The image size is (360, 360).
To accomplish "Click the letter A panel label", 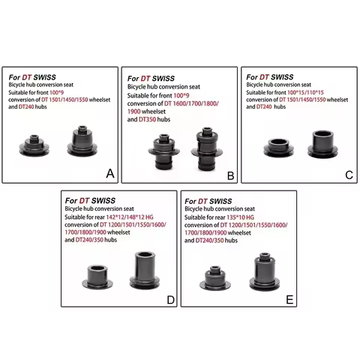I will click(109, 174).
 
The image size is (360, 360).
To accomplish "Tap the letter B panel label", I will click(231, 176).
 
